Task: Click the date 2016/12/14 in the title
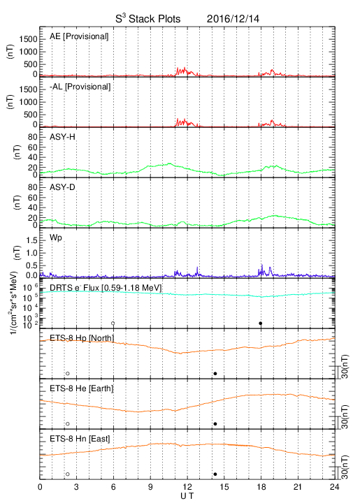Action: point(233,19)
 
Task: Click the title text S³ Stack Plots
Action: point(148,19)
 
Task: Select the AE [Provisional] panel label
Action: point(79,36)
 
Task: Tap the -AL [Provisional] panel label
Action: point(80,87)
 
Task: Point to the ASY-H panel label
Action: point(62,137)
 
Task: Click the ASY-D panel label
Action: point(62,187)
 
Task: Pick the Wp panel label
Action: point(55,238)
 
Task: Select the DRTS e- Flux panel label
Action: point(106,288)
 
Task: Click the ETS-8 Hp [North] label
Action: point(82,338)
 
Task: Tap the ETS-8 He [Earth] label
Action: point(82,388)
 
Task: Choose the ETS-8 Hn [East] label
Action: point(80,439)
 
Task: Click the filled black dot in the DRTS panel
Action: point(261,323)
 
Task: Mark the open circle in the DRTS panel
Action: point(113,323)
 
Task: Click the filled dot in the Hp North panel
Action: point(215,373)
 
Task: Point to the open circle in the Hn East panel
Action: point(68,474)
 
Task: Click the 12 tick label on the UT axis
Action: point(187,487)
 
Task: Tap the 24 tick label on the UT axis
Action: point(335,487)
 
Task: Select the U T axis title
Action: point(187,496)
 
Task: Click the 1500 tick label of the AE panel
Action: point(28,39)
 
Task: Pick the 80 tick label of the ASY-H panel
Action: point(33,138)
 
